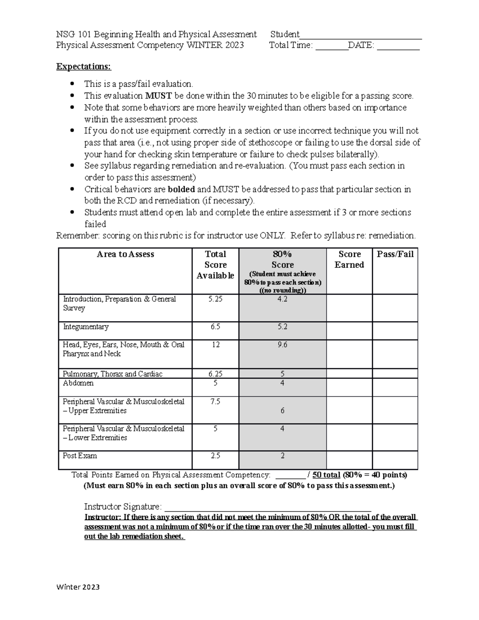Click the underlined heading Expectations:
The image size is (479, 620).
coord(84,66)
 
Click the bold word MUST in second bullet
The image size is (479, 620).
coord(158,96)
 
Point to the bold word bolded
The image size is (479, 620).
coord(181,189)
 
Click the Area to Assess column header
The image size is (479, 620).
coord(125,254)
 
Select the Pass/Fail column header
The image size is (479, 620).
coord(395,254)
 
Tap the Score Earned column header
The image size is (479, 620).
coord(349,259)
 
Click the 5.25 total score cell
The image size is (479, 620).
coord(216,299)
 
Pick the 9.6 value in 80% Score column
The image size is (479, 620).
coord(283,345)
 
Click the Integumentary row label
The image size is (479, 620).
coord(86,327)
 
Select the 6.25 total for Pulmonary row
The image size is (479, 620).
coord(216,374)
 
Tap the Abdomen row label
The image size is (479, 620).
coord(78,383)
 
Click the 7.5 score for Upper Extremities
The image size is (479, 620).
coord(216,402)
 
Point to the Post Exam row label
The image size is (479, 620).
coord(80,456)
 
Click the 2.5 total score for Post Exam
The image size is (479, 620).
coord(216,456)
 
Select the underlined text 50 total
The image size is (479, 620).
coord(326,475)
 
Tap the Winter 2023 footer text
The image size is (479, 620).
coord(78,587)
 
